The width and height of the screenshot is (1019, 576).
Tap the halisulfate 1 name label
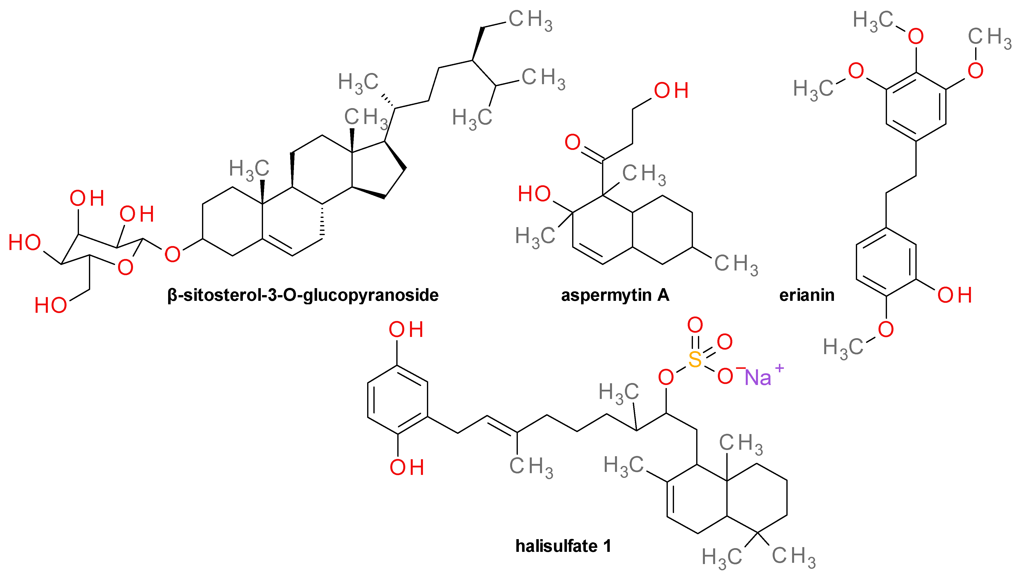pos(563,546)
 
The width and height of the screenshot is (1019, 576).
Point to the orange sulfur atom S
pos(695,359)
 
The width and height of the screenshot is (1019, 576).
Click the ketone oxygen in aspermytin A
pos(572,142)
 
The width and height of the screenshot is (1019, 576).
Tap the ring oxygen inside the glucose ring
pos(125,268)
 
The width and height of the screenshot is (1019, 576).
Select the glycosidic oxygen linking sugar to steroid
pos(172,254)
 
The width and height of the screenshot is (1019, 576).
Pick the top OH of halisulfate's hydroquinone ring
pos(406,329)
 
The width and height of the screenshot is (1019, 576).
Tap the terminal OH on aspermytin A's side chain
pos(671,91)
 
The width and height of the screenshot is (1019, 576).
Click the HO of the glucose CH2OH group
pos(51,305)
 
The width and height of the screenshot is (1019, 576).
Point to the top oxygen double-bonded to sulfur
pos(695,325)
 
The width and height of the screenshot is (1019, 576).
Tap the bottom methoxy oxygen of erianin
pos(886,329)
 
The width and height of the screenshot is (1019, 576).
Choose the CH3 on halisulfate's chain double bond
pos(531,467)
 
